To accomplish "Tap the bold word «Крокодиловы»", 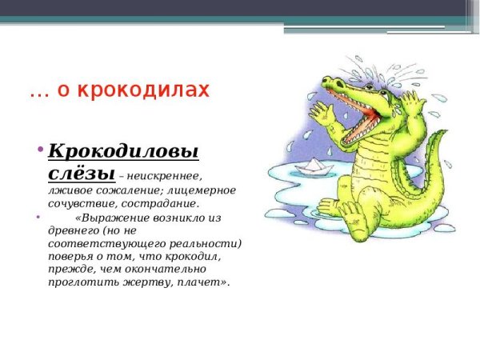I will pos(122,150).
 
